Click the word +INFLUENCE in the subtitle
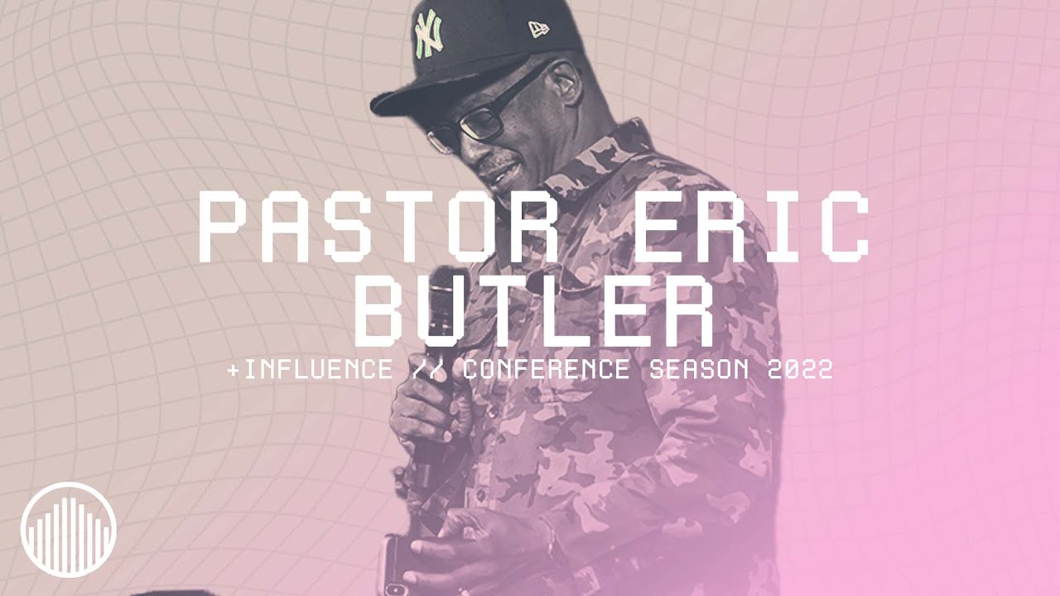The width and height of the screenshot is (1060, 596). [x=310, y=369]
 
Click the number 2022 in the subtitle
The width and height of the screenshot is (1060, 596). [x=800, y=369]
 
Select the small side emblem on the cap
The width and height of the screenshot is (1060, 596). [x=539, y=29]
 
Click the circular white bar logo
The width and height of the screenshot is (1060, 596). [x=69, y=529]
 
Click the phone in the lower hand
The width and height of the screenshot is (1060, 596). [x=389, y=563]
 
